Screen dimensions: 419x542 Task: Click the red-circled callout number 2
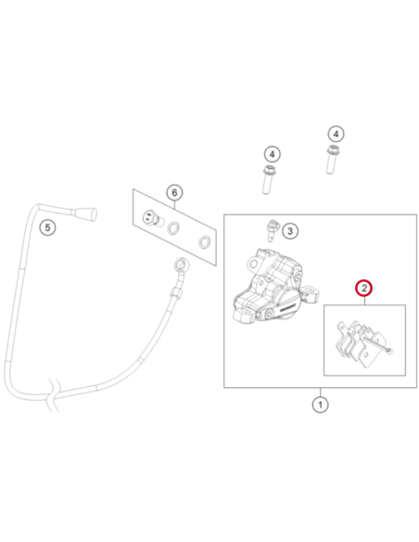364,288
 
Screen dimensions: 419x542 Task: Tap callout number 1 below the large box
320,405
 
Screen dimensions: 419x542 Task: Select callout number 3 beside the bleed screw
290,230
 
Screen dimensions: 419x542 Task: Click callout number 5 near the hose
47,227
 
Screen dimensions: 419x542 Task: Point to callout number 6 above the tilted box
174,192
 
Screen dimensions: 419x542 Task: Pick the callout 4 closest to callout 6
272,154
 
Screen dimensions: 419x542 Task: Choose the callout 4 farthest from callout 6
336,134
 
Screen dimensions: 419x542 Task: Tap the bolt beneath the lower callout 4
267,180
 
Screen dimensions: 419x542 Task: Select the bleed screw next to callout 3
272,231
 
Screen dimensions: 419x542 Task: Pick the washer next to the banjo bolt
173,227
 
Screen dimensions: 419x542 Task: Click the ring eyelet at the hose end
180,265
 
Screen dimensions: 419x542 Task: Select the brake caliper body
274,286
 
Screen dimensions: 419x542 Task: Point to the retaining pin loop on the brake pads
389,351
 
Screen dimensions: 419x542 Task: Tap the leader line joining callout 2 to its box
364,301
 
